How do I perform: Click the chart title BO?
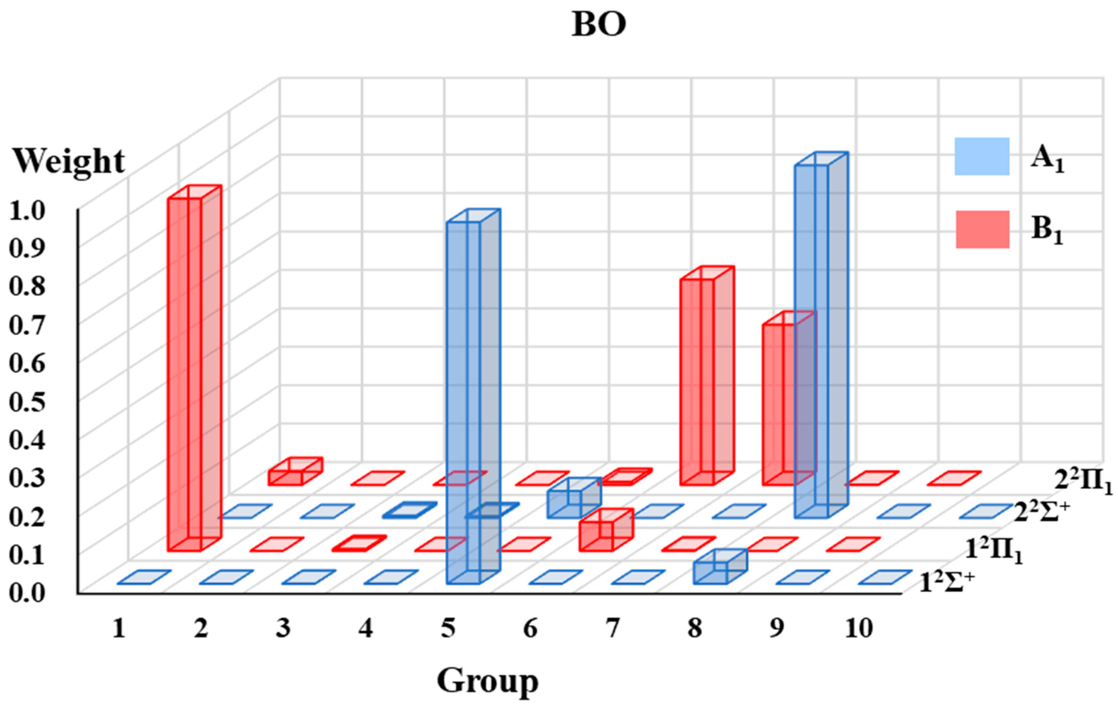pyautogui.click(x=599, y=24)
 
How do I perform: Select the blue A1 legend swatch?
pyautogui.click(x=982, y=156)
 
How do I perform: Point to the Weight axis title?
pyautogui.click(x=69, y=161)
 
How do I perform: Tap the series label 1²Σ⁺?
pyautogui.click(x=947, y=583)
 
